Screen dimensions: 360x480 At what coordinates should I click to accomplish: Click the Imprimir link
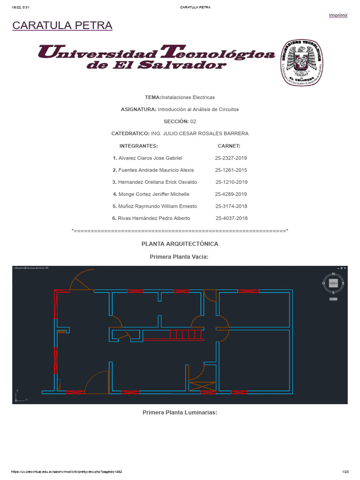338,15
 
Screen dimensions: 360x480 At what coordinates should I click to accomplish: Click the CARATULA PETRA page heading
62,26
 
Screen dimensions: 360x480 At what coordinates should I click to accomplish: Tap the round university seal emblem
302,62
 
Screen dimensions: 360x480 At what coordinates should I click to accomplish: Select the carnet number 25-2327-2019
231,158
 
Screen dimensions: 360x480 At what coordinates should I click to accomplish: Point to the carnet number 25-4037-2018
232,218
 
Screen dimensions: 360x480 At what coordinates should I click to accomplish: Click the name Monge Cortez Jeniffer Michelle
154,194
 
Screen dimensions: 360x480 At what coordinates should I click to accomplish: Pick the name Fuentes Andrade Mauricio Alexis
156,170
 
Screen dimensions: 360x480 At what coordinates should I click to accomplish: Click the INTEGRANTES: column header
139,146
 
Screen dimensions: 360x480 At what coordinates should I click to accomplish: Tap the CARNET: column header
229,146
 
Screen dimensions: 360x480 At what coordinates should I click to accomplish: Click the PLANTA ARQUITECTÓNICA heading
180,244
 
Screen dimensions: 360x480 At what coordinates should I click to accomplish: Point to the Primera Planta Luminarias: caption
180,412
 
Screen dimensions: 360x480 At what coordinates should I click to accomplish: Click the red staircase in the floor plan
185,334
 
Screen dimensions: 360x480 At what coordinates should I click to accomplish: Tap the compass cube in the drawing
333,284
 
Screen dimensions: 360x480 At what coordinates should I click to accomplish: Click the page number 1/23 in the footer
345,472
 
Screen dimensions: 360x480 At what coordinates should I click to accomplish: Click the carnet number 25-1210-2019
232,182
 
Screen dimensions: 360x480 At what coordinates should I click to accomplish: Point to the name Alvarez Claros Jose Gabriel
150,158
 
